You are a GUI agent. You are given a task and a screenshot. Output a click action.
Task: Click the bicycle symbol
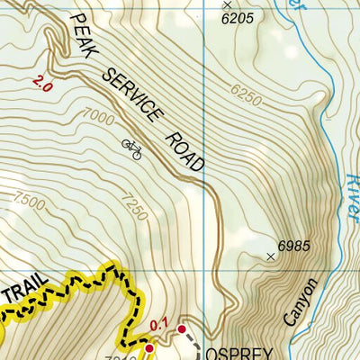coord(131,148)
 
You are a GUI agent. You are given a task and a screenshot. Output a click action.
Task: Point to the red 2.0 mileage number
coord(41,85)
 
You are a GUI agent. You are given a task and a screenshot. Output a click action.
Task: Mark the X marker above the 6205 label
coord(228,4)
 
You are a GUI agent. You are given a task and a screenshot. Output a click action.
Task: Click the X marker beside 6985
coord(271,256)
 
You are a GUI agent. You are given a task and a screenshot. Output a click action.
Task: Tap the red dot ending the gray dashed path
coord(182,329)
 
